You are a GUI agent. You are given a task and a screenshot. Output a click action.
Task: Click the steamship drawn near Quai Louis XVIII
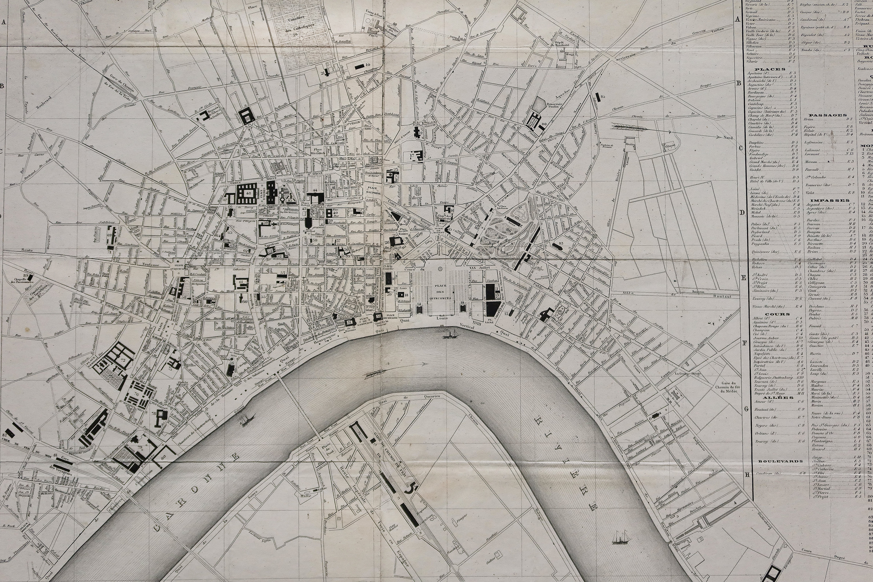[x=450, y=335]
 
